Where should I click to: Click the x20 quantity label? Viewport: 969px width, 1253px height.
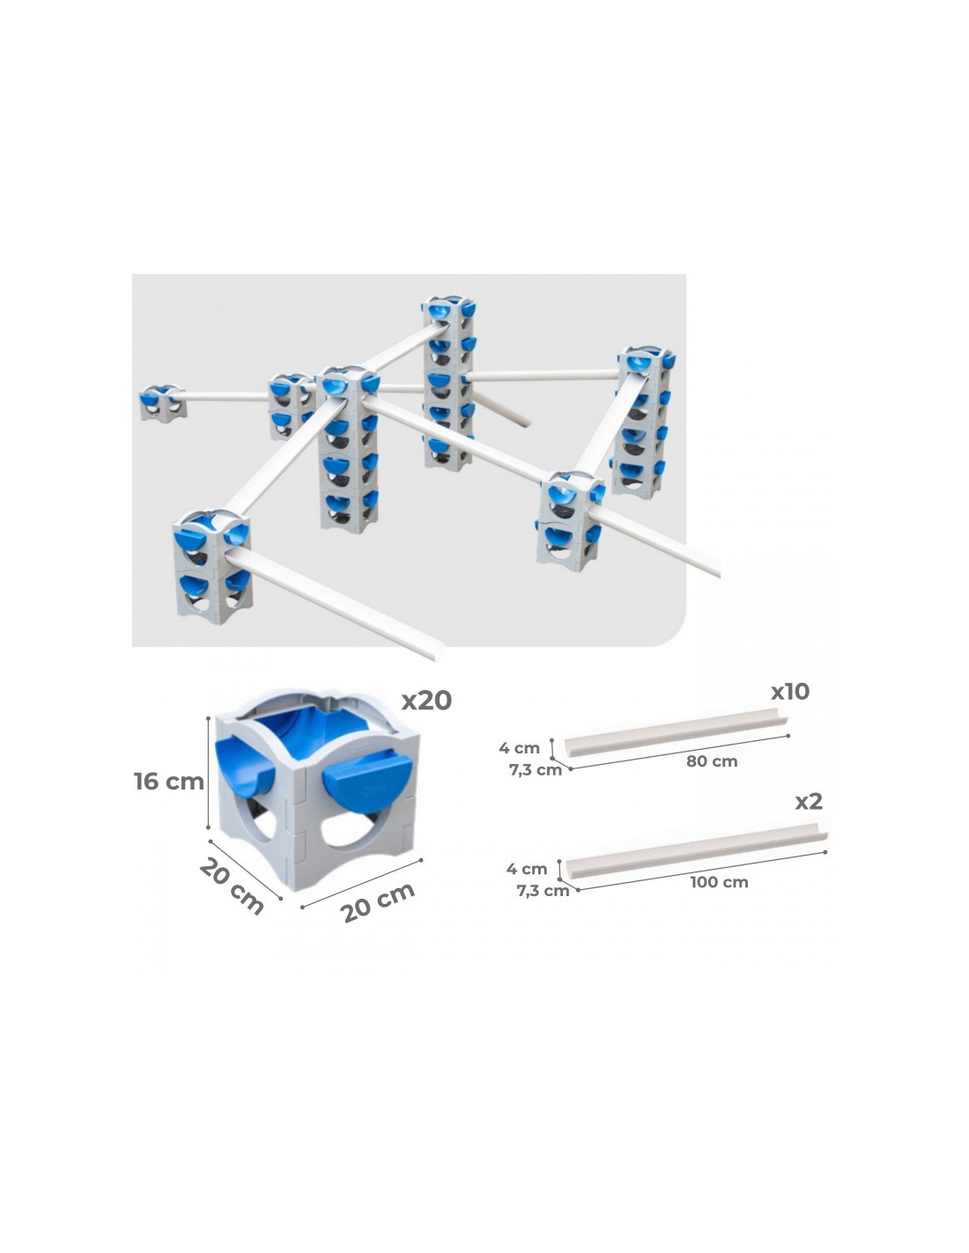(426, 700)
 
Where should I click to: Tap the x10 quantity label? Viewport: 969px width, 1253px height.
(789, 691)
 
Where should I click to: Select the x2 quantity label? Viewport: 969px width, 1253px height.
(808, 802)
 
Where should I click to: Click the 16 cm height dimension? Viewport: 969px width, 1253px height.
(169, 782)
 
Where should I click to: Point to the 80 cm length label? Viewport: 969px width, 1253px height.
(712, 761)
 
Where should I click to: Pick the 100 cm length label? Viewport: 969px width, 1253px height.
(719, 882)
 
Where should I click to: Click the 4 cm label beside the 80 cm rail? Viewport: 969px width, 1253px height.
(519, 748)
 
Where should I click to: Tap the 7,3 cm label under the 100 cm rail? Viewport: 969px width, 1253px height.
(543, 891)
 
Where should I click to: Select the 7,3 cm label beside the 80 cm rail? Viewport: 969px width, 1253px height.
(536, 770)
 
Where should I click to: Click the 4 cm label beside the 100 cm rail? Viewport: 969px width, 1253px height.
(527, 868)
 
